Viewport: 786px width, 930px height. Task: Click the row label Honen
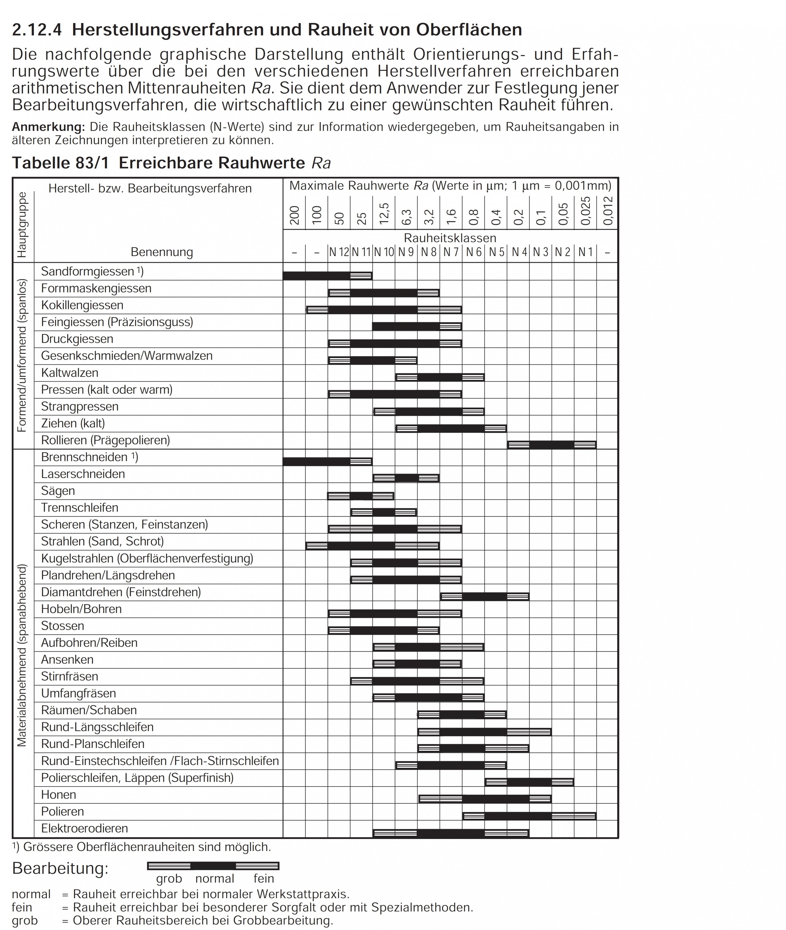click(x=58, y=794)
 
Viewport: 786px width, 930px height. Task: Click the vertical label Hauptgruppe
click(x=22, y=225)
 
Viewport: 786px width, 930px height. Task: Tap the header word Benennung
click(x=162, y=252)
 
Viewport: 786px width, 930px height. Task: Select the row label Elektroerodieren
click(x=84, y=828)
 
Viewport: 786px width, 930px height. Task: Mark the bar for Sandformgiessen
click(x=328, y=275)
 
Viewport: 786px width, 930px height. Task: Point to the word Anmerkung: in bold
click(x=48, y=127)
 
